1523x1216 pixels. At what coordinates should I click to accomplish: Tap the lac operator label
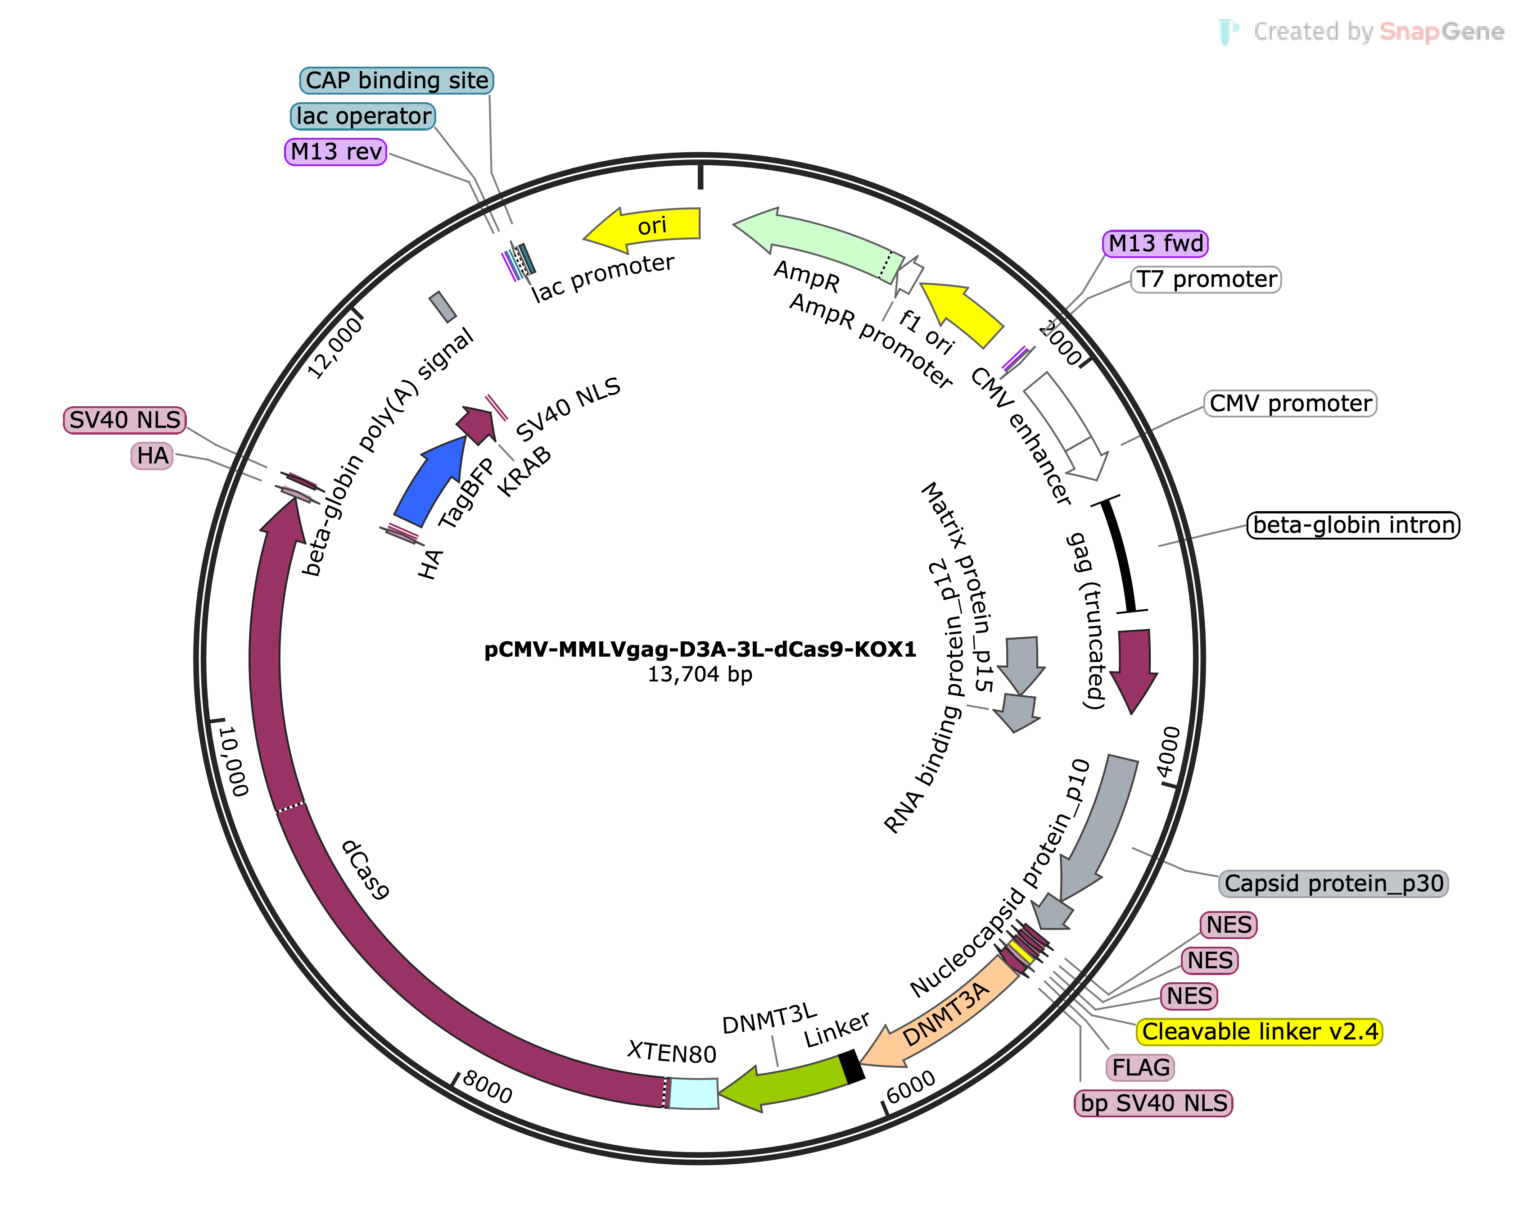click(x=363, y=116)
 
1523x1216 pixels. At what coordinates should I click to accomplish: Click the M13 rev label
click(x=335, y=151)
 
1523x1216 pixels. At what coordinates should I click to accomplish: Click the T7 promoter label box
click(x=1206, y=280)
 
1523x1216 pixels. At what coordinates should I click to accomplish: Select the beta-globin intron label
click(x=1353, y=525)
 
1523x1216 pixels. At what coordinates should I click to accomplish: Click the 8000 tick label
click(x=487, y=1087)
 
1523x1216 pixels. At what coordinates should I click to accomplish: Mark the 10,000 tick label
click(x=234, y=760)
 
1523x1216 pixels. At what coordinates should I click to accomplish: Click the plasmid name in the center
click(x=700, y=649)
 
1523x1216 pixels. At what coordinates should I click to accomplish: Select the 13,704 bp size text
click(x=700, y=675)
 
